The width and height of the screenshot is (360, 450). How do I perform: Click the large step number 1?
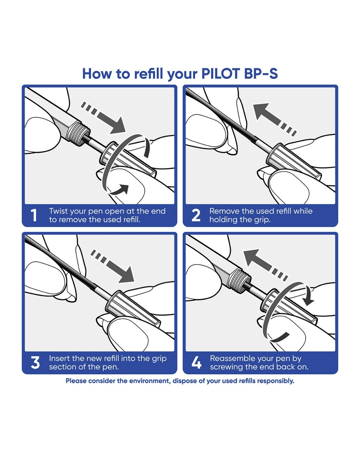(x=34, y=215)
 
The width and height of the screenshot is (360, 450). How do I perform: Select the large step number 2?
(x=196, y=215)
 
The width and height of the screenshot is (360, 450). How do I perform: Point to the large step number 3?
(x=35, y=363)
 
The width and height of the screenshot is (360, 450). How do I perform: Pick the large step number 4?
(x=196, y=363)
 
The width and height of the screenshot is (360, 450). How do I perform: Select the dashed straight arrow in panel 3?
(x=113, y=266)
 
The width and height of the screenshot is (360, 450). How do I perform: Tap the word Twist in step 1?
(x=59, y=211)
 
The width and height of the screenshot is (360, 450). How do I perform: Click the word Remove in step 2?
(x=224, y=211)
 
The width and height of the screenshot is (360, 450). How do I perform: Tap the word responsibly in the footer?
(x=276, y=381)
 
